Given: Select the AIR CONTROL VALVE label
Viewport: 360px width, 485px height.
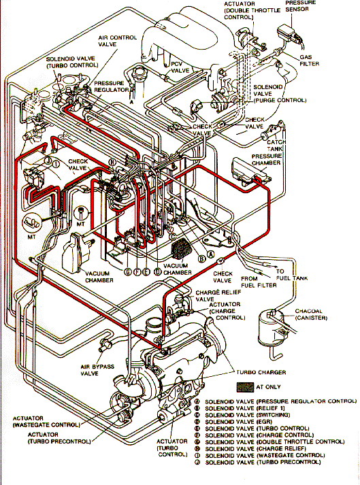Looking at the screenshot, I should pos(118,41).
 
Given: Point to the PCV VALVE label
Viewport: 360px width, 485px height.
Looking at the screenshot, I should pos(180,66).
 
